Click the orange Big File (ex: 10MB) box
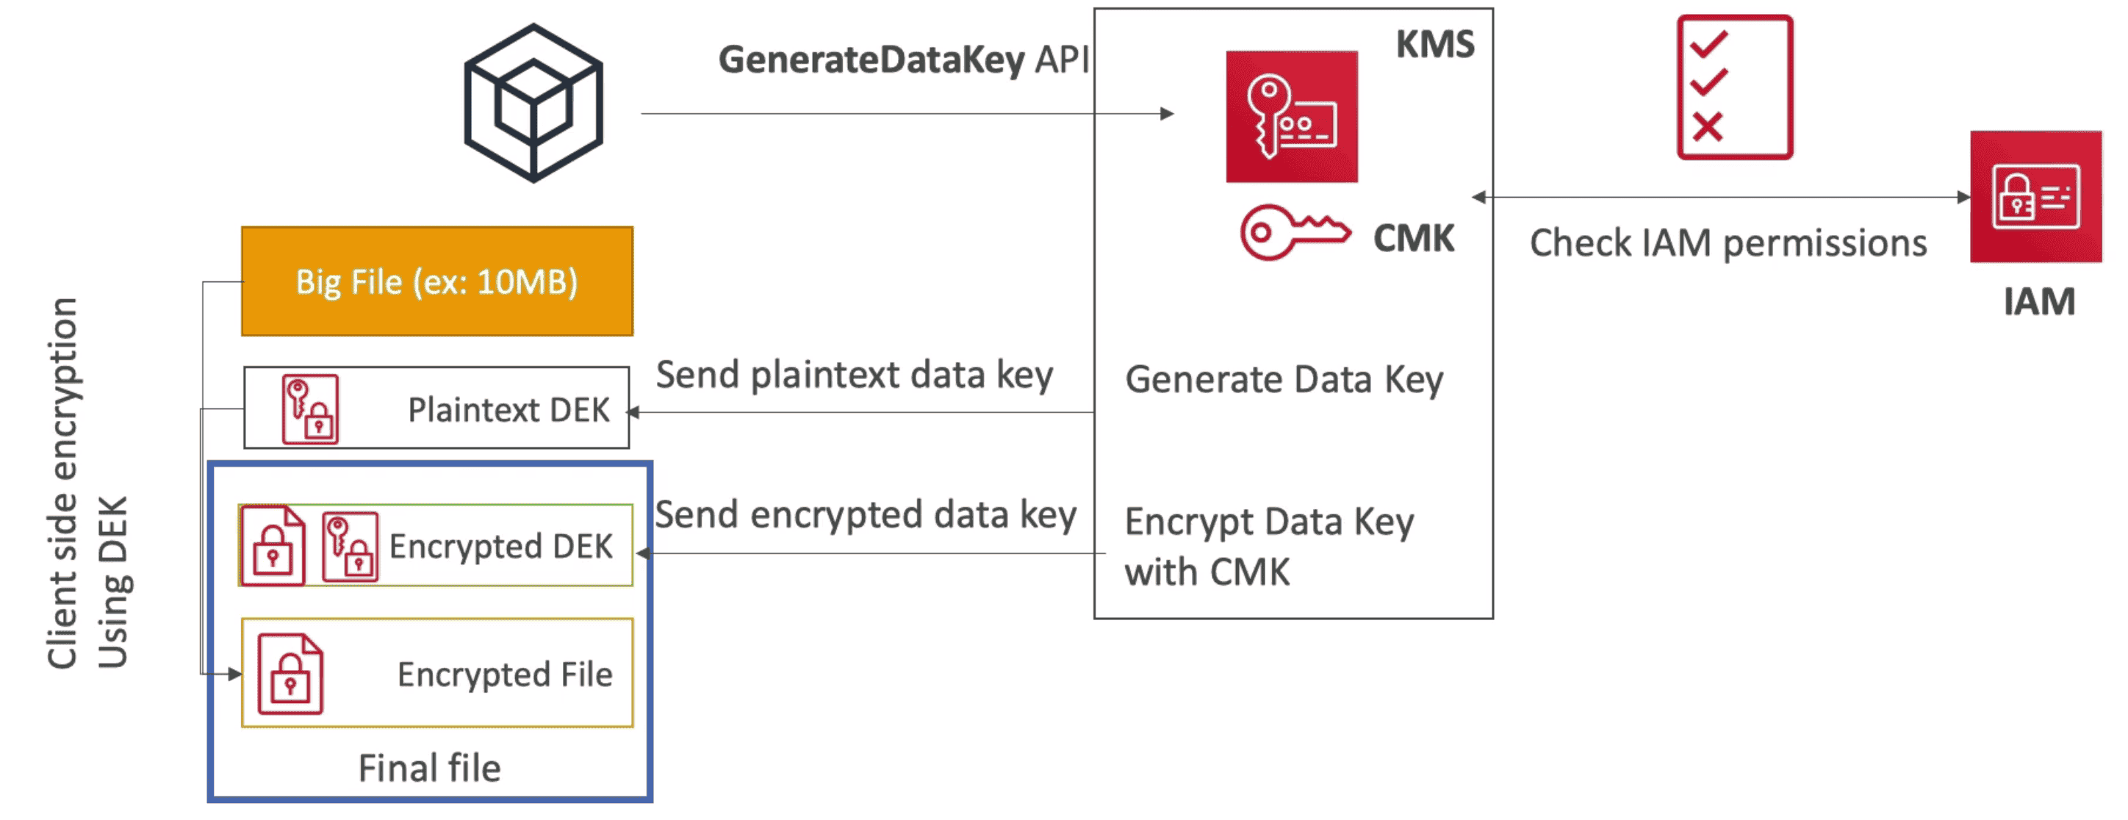(437, 281)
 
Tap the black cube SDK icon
(533, 103)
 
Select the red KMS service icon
(1291, 116)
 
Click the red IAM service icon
(2035, 196)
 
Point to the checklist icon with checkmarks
(1734, 87)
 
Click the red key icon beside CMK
(1295, 233)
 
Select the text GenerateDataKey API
(904, 60)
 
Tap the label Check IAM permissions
(1728, 244)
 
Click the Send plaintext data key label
(854, 375)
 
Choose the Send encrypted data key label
(865, 515)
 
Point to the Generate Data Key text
(1284, 381)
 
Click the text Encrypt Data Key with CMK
(1268, 547)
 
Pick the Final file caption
(430, 769)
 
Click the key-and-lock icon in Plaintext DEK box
(311, 409)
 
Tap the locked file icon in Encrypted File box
(290, 674)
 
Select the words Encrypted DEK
(500, 547)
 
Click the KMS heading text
(1435, 45)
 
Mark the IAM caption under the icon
(2039, 302)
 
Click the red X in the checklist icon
(1707, 127)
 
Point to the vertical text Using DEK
(113, 581)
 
